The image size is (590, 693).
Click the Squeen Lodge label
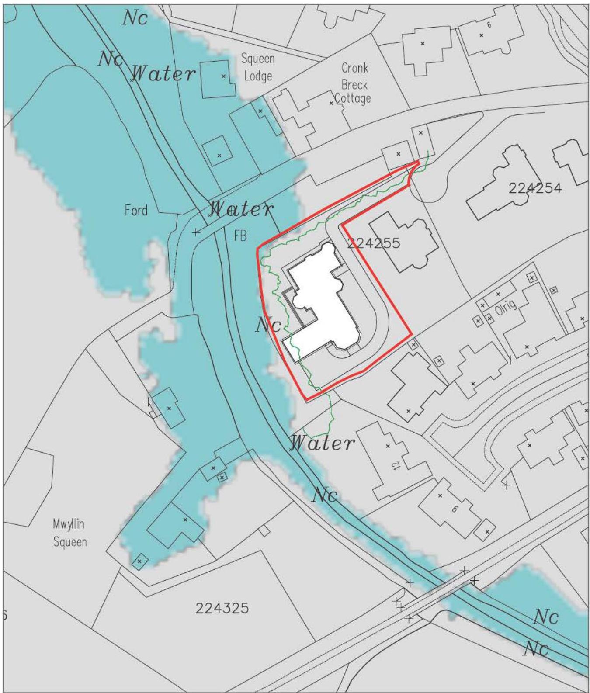click(x=258, y=67)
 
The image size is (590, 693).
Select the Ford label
click(x=136, y=211)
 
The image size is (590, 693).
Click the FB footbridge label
click(x=240, y=236)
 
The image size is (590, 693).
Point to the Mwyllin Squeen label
click(x=69, y=533)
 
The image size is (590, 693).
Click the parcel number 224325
click(x=222, y=608)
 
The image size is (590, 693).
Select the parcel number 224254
click(x=535, y=188)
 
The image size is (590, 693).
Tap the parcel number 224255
click(x=373, y=243)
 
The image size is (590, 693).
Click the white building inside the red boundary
click(x=323, y=306)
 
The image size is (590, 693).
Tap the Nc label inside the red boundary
click(x=268, y=325)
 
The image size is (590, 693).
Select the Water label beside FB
click(x=241, y=209)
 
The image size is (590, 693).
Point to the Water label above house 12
click(x=323, y=443)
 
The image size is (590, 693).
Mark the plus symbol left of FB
click(x=196, y=232)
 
